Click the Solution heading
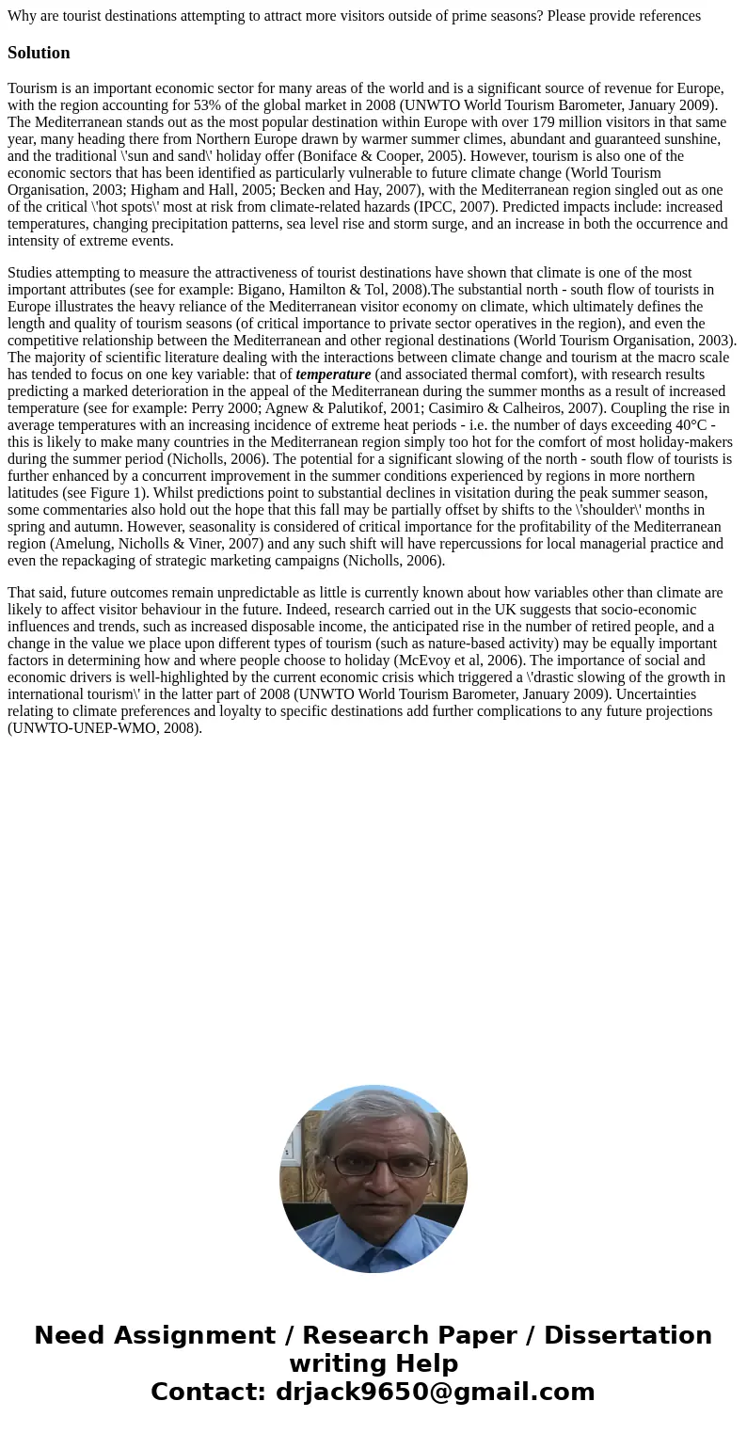(39, 53)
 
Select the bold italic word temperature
(333, 374)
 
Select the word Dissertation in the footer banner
(628, 1335)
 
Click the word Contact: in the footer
(208, 1392)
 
